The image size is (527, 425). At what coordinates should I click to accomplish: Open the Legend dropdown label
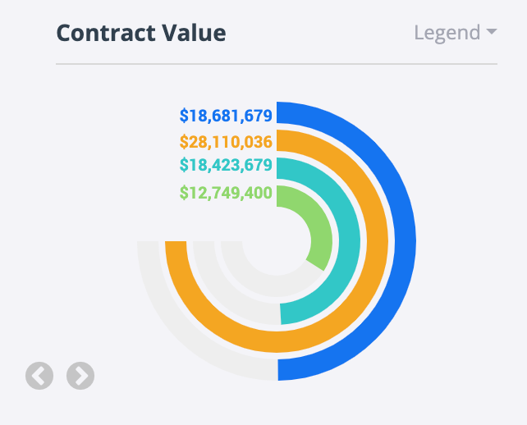click(447, 33)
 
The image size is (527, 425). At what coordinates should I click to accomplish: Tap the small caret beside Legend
click(492, 33)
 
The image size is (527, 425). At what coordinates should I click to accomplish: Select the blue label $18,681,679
click(226, 115)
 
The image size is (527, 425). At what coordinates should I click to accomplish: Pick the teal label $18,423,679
click(226, 165)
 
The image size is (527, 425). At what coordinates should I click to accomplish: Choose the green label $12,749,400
click(226, 194)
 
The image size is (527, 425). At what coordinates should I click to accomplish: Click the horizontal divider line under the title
click(277, 63)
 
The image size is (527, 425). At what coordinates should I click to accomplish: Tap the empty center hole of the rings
click(277, 241)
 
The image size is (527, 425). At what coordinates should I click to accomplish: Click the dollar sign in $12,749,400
click(184, 194)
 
